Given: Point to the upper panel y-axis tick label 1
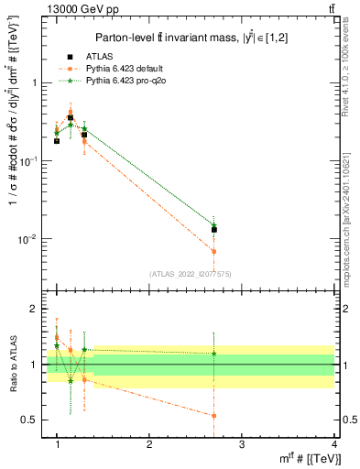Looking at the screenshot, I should pyautogui.click(x=36, y=82).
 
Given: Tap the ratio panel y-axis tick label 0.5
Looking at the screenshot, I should pyautogui.click(x=32, y=420).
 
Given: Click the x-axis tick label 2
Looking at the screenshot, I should pyautogui.click(x=149, y=444).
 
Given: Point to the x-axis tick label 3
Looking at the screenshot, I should pyautogui.click(x=242, y=444).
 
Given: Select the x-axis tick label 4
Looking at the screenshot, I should pyautogui.click(x=333, y=444).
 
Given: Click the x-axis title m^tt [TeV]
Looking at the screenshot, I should pyautogui.click(x=302, y=459).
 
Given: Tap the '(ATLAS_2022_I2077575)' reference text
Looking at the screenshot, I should pyautogui.click(x=190, y=274).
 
